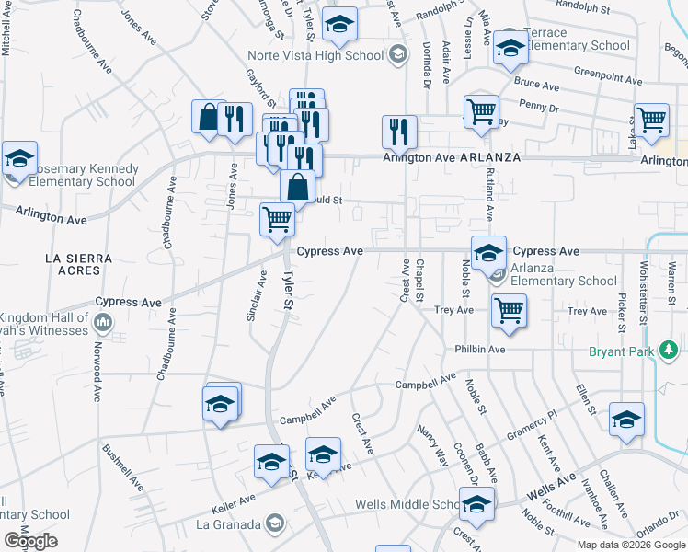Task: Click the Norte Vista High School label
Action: pos(327,55)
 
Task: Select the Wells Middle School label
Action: pos(407,504)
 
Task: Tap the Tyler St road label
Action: pos(289,291)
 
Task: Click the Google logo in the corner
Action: pos(30,541)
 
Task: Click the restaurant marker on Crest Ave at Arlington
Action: pos(399,131)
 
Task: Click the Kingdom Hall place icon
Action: pos(102,323)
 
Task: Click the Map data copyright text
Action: pos(630,544)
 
